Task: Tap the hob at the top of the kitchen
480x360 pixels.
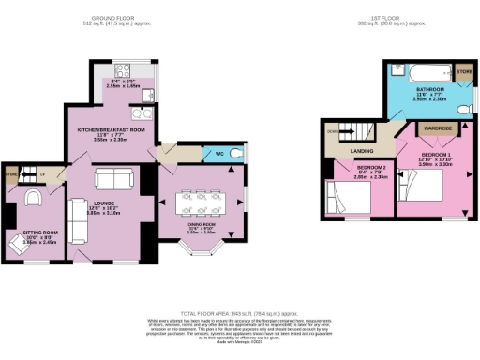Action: tap(123, 69)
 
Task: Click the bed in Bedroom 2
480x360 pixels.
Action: tap(352, 199)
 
